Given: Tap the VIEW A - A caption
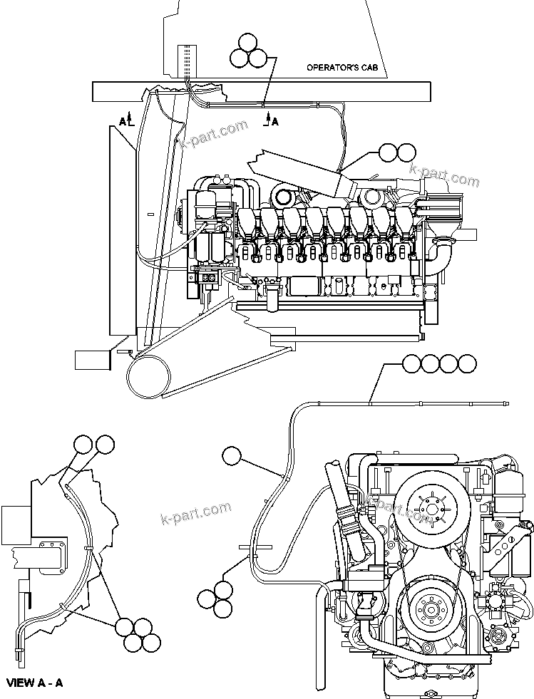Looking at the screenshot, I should [x=35, y=683].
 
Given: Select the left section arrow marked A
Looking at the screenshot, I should [x=125, y=122].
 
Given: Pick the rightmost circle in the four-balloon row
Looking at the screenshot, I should [x=467, y=363].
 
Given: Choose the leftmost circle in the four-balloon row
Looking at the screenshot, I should [x=411, y=363].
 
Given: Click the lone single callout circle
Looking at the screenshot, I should [x=232, y=455].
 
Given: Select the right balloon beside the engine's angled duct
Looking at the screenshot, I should [x=406, y=152].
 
